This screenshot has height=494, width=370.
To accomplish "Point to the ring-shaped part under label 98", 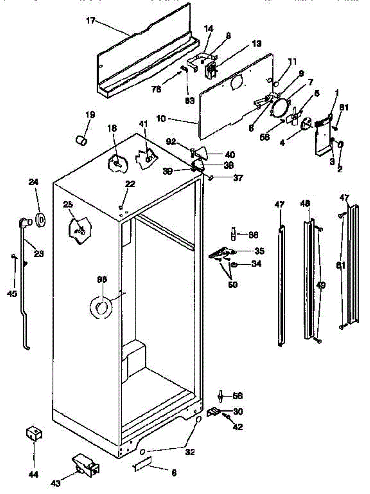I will (x=101, y=307).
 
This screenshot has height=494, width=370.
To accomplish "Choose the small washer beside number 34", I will (x=233, y=264).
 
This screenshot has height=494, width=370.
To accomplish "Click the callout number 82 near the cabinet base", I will (x=190, y=452).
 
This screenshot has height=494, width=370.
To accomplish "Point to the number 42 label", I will (x=238, y=427).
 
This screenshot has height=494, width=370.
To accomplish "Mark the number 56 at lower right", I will (x=238, y=396).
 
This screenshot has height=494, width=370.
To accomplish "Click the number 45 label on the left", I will (x=12, y=293).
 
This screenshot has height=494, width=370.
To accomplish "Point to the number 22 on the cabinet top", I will (x=130, y=184).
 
